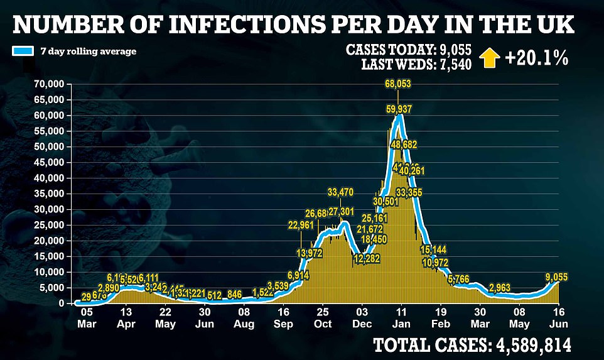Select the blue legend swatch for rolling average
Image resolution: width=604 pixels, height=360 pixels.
click(23, 50)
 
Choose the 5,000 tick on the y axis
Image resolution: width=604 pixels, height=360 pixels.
click(52, 288)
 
